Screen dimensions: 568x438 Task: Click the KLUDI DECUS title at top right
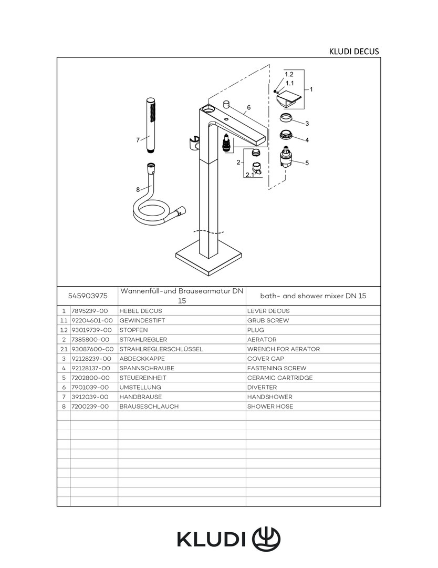pyautogui.click(x=353, y=52)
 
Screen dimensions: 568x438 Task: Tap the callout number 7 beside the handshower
pyautogui.click(x=138, y=140)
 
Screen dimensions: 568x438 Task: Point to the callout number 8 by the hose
pyautogui.click(x=138, y=190)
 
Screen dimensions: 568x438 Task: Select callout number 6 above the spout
pyautogui.click(x=248, y=107)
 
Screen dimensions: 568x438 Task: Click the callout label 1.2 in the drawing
pyautogui.click(x=289, y=74)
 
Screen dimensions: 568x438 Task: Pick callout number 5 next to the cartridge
pyautogui.click(x=307, y=163)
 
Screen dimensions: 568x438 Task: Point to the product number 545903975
pyautogui.click(x=88, y=296)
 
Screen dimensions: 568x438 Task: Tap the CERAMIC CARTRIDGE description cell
pyautogui.click(x=280, y=378)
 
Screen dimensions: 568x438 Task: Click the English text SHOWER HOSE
pyautogui.click(x=270, y=407)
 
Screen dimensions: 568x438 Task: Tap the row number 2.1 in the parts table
pyautogui.click(x=64, y=349)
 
